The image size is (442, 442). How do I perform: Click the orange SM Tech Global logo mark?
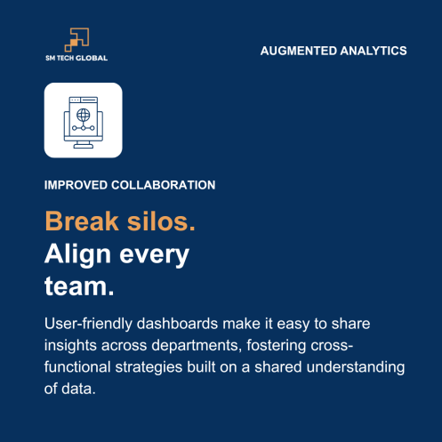coord(76,38)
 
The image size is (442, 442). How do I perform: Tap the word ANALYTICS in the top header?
coord(374,51)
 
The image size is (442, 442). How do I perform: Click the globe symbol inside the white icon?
coord(83,115)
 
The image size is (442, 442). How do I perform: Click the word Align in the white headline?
coord(77,254)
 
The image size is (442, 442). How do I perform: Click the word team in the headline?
coord(75,286)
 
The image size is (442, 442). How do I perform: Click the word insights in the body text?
coord(71,345)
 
